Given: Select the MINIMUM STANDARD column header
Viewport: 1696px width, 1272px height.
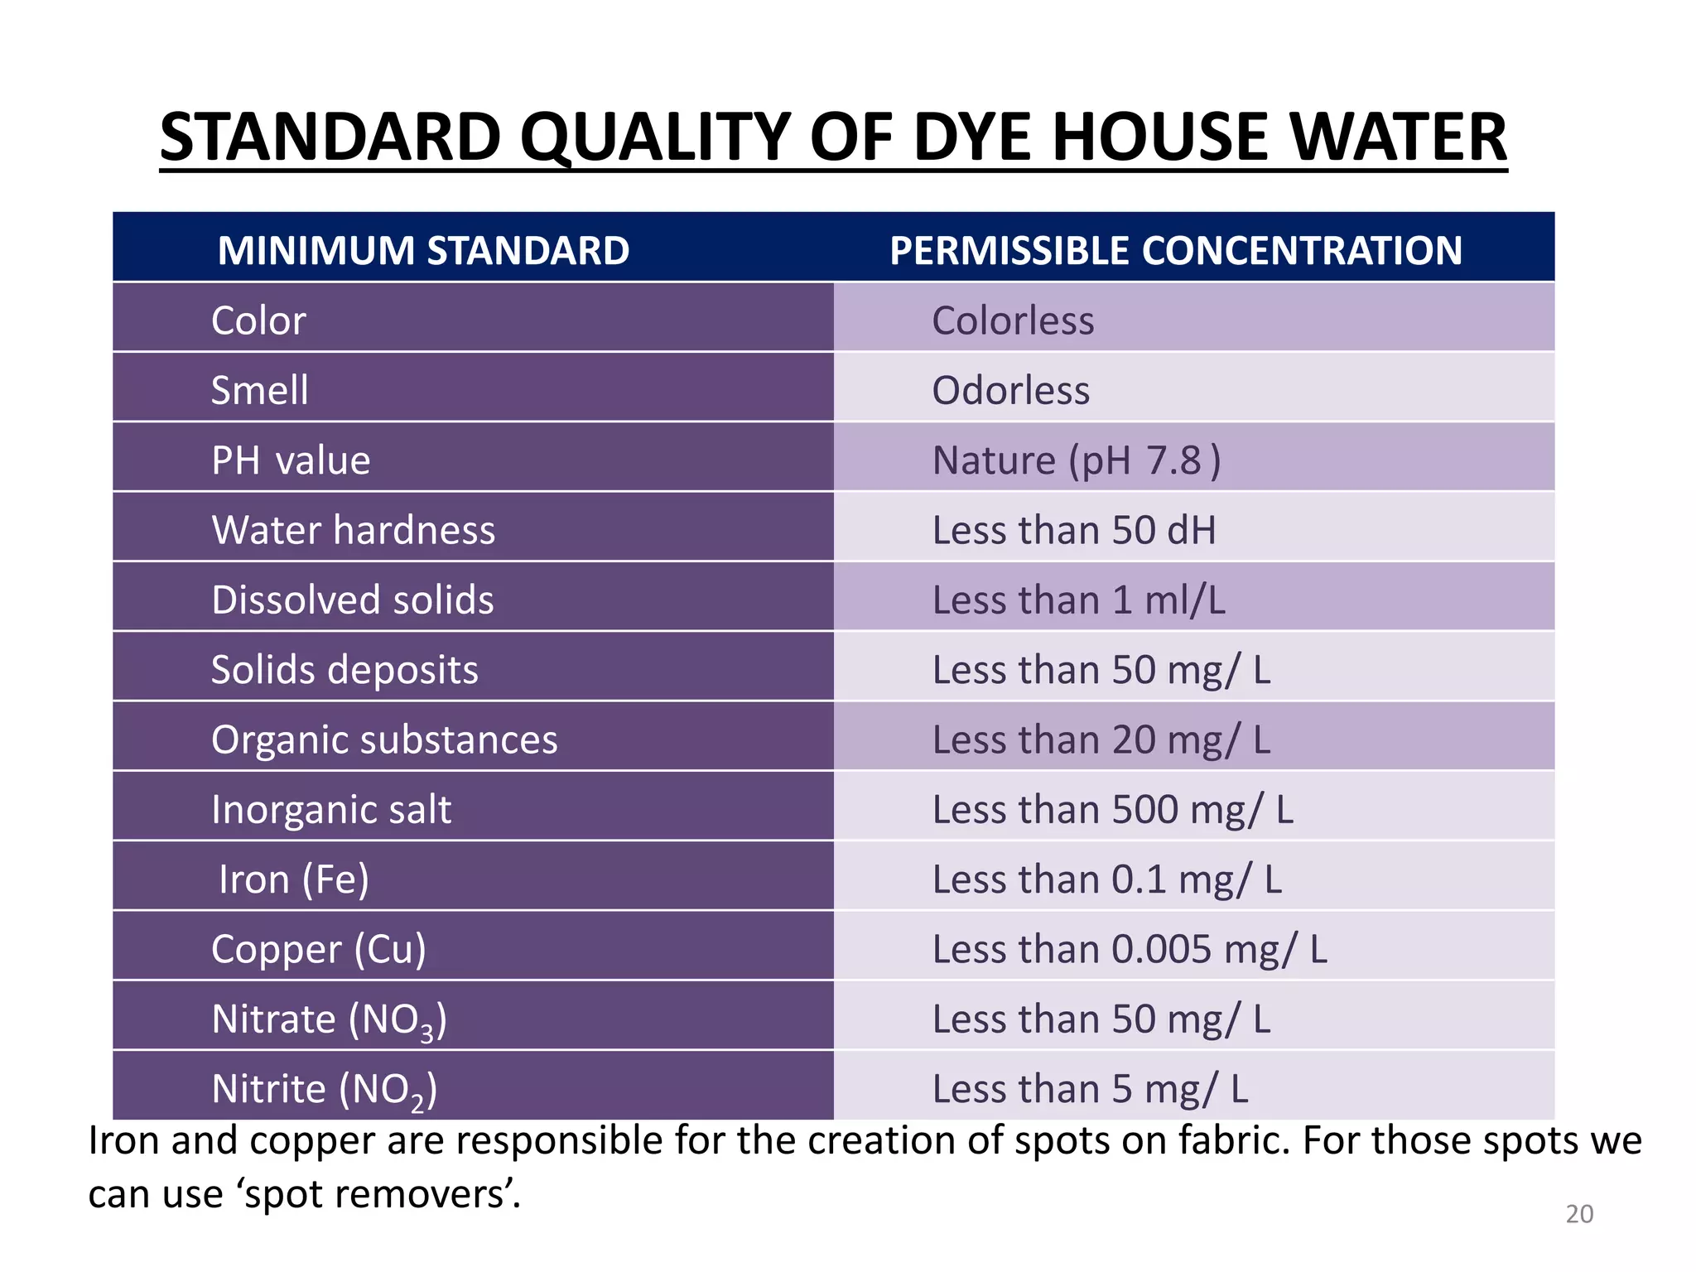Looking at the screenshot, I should point(423,250).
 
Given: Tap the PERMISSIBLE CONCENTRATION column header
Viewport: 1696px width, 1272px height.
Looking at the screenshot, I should point(1175,250).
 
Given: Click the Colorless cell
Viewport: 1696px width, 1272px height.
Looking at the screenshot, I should point(1012,320).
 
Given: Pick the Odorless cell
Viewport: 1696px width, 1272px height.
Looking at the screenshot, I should point(1010,390).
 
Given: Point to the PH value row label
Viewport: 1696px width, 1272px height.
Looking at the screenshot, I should point(291,460).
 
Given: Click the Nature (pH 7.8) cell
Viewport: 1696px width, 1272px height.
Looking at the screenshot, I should point(1076,460).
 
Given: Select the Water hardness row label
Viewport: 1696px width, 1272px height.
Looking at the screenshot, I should point(353,530).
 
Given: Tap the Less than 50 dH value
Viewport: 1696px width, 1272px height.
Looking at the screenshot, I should point(1074,530).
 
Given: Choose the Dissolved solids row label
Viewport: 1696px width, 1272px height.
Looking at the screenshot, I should point(352,600).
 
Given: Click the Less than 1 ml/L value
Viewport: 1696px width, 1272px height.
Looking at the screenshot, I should point(1078,600).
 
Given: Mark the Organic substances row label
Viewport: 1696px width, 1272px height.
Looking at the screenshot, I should point(384,740).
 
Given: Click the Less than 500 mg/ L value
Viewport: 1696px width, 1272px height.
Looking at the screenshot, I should point(1112,809).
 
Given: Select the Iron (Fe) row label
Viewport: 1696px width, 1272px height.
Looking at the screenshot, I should point(293,879).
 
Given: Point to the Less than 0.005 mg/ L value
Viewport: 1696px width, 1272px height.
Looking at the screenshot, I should point(1130,949).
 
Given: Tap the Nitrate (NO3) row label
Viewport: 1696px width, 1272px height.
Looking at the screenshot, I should point(329,1019).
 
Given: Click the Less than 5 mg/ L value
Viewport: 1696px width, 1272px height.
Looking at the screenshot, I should point(1090,1089).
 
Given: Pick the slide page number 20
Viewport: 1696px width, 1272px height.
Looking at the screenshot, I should point(1579,1214).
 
